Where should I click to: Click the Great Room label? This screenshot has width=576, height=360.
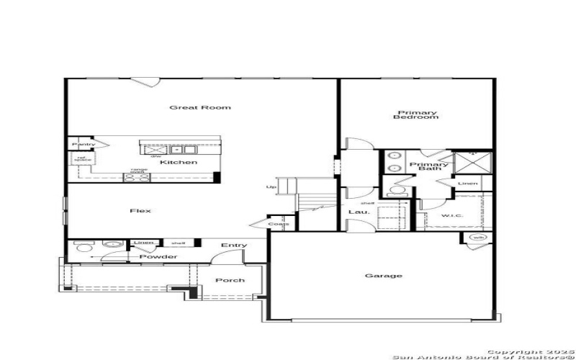(x=190, y=107)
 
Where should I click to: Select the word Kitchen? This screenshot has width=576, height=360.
(x=178, y=162)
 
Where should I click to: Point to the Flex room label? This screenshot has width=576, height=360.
(x=140, y=210)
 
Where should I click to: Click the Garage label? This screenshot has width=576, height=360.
(x=383, y=276)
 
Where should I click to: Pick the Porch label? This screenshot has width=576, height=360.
(x=230, y=280)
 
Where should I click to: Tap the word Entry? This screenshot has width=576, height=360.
(x=234, y=246)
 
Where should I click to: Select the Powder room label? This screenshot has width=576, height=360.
(x=158, y=257)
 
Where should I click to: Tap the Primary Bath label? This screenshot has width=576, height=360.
(x=429, y=166)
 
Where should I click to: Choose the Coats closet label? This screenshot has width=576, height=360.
(x=279, y=224)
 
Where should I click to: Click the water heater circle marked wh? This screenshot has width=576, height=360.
(x=477, y=236)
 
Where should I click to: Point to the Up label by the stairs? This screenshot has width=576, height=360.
(x=271, y=187)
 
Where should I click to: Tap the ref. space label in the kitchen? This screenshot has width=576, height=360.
(x=84, y=158)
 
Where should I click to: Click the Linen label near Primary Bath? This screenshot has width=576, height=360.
(x=467, y=184)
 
